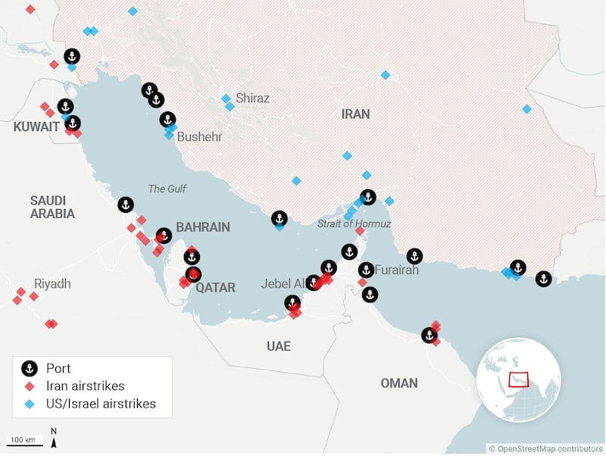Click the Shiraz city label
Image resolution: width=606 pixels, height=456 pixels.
(252, 98)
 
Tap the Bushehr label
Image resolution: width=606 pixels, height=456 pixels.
(199, 137)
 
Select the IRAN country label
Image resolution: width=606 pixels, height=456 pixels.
(355, 114)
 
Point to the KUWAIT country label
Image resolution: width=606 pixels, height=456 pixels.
(36, 127)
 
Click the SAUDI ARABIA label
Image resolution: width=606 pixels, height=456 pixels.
(52, 207)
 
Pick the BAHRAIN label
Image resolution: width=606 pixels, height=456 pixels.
(202, 227)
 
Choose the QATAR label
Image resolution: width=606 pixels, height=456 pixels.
(216, 288)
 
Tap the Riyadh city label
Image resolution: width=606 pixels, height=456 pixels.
(52, 284)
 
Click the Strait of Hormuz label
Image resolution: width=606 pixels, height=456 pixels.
(354, 223)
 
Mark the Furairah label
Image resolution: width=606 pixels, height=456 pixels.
(397, 270)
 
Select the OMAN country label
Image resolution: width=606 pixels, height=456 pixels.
(399, 383)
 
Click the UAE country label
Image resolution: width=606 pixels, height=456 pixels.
(278, 346)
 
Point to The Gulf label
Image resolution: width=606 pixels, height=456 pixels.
(167, 189)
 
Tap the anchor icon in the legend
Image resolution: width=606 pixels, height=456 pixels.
(30, 369)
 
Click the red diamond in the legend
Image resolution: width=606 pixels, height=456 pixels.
(30, 386)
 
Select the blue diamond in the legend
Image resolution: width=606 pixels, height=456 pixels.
(30, 404)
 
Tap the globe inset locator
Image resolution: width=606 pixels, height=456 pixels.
(520, 379)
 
